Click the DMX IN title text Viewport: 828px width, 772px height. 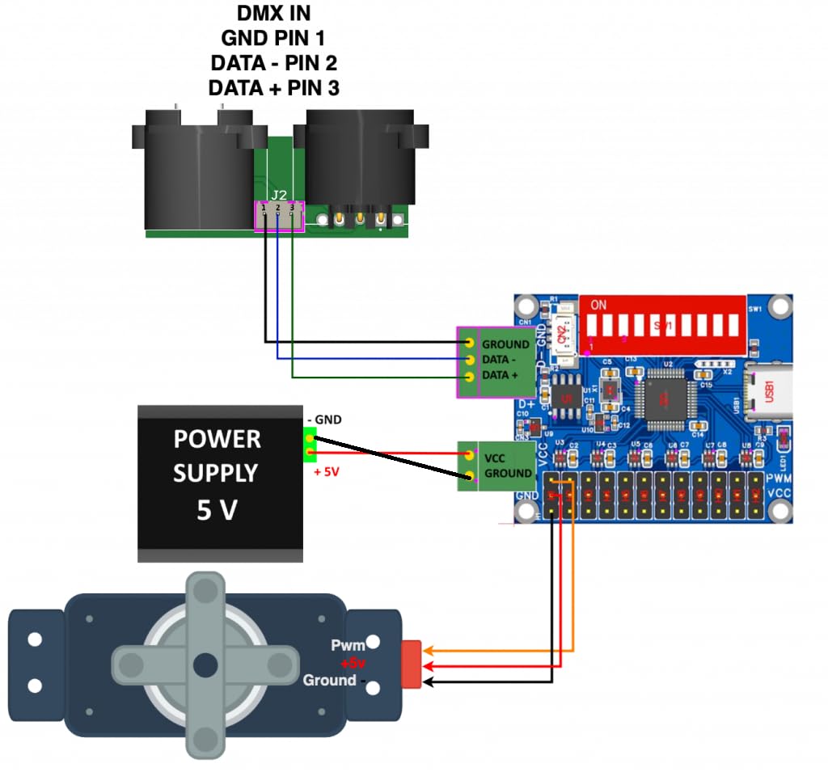point(273,14)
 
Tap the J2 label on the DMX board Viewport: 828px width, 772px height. point(279,195)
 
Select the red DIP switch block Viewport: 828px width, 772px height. point(661,323)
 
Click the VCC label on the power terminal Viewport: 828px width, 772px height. point(494,458)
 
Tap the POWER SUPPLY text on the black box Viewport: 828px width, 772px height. point(217,456)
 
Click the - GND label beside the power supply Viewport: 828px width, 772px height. point(324,420)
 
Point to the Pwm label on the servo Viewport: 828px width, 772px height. point(349,645)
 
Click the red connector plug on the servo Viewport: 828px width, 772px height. point(412,664)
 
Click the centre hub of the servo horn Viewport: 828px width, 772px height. point(205,665)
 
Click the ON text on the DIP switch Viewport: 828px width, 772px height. point(599,306)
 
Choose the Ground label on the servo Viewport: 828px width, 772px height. point(330,681)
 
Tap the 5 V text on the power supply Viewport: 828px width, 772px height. point(217,510)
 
